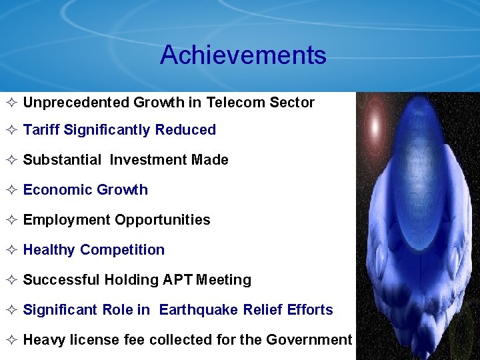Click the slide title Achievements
click(243, 55)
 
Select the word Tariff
click(41, 130)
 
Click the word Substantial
click(62, 160)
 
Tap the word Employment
click(67, 220)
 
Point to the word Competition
click(122, 250)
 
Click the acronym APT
click(177, 280)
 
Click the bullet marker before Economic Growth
click(11, 190)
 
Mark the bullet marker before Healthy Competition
click(11, 250)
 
